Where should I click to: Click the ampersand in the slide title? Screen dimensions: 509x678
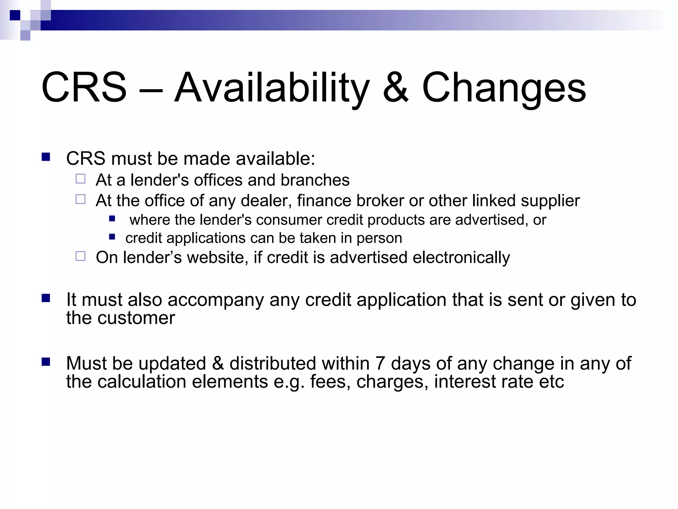tap(396, 88)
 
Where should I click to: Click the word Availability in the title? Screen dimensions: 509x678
tap(271, 88)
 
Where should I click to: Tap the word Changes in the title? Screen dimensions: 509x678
tap(504, 88)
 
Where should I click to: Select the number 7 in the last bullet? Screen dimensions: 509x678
tap(380, 363)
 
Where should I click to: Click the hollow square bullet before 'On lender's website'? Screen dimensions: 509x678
tap(80, 256)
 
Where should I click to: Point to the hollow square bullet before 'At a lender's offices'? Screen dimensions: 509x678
tap(80, 179)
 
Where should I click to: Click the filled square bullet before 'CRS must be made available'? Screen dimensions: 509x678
tap(46, 157)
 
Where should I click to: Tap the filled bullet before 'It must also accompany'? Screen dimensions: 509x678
tap(46, 298)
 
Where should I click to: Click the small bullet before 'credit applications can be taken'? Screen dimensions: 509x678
tap(112, 237)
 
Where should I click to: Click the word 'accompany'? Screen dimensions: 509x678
tap(216, 300)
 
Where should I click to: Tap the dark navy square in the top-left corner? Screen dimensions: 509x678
tap(15, 15)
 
